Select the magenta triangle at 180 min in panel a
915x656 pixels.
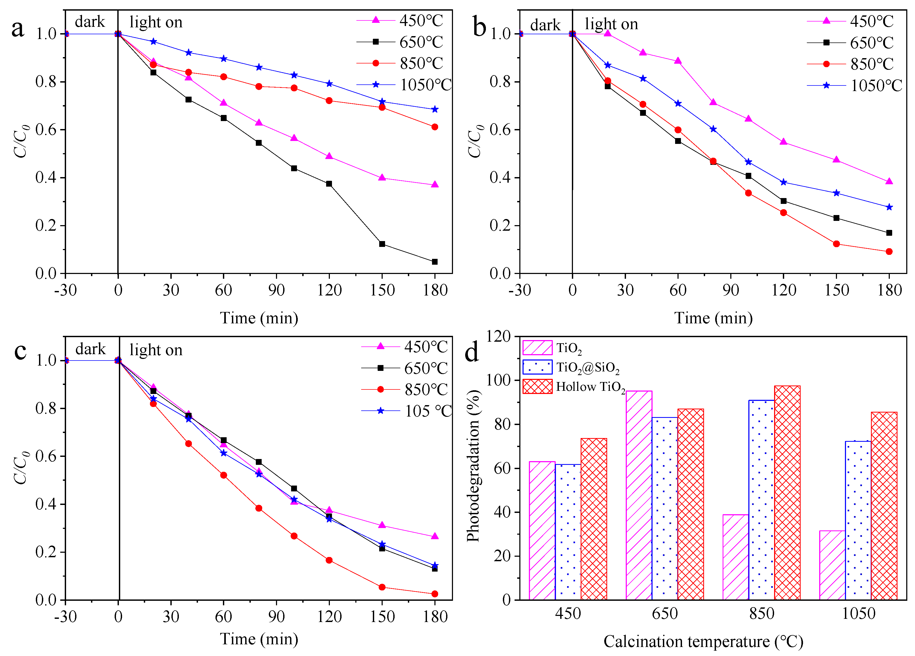pos(434,185)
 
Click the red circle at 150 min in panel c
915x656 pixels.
pos(382,587)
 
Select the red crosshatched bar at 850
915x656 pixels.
pos(787,492)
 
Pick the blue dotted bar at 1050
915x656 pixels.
pos(858,521)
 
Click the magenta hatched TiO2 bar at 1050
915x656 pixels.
pos(832,565)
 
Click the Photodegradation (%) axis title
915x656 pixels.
pos(473,466)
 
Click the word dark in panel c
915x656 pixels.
pos(90,349)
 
